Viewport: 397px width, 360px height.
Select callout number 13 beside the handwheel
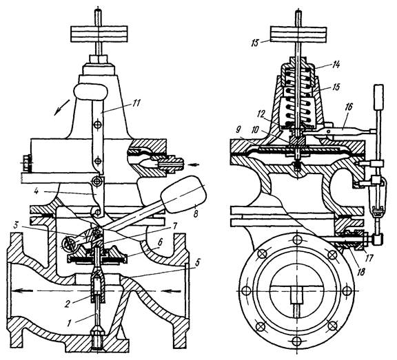pyautogui.click(x=255, y=43)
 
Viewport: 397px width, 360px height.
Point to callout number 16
pyautogui.click(x=348, y=107)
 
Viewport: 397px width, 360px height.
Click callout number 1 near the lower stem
pyautogui.click(x=68, y=323)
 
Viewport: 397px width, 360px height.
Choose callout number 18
pyautogui.click(x=360, y=272)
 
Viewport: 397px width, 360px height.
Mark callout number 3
pyautogui.click(x=17, y=225)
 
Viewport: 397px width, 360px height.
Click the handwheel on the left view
pyautogui.click(x=99, y=34)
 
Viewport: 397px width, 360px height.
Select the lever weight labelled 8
pyautogui.click(x=184, y=191)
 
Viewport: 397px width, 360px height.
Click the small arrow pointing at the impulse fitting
pyautogui.click(x=194, y=165)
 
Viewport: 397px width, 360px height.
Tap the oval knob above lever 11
pyautogui.click(x=91, y=92)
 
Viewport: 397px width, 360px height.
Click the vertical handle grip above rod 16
pyautogui.click(x=378, y=98)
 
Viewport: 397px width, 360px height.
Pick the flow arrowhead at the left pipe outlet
pyautogui.click(x=17, y=291)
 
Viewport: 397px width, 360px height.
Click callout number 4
pyautogui.click(x=37, y=191)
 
